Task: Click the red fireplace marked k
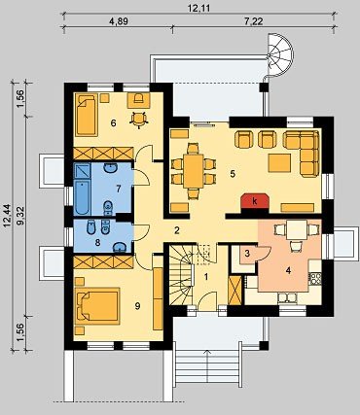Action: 255,202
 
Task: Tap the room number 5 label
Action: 233,173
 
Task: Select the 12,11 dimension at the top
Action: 198,8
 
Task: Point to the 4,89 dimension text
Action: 119,21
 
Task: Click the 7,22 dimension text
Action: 253,21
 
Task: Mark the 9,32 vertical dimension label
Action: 21,217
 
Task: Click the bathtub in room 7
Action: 82,197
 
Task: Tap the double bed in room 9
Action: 97,306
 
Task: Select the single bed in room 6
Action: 87,115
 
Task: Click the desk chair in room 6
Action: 139,120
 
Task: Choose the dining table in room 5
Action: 194,171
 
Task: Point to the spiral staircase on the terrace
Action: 280,55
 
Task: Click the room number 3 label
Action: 247,254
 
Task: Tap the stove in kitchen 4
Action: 316,278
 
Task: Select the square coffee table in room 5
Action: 279,162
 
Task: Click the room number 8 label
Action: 97,242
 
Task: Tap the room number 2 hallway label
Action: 177,230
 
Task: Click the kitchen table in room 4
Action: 297,230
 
